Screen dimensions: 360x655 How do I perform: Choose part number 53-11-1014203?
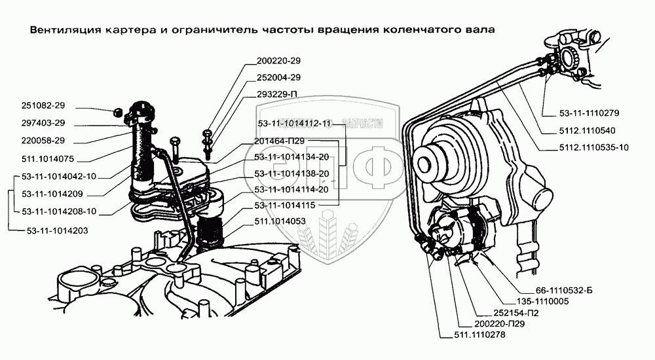(58, 231)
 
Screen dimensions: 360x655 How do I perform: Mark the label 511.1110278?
(478, 335)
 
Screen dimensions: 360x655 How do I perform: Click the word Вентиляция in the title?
(58, 30)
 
